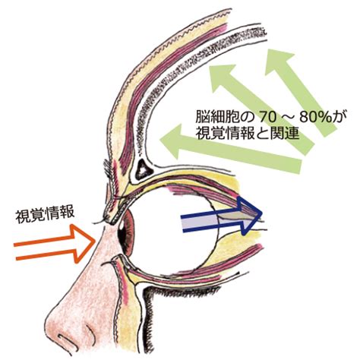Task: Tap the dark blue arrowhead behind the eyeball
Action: pos(250,216)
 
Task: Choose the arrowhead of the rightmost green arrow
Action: pos(278,63)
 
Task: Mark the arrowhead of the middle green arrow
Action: pos(223,77)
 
